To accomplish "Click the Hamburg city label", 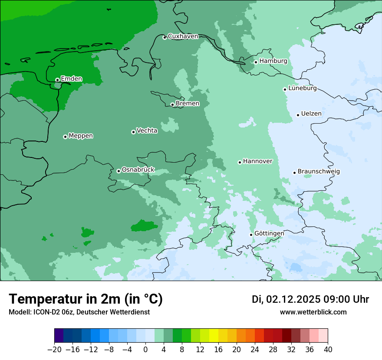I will point(273,61).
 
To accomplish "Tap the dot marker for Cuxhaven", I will point(165,37).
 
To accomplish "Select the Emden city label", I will point(71,79).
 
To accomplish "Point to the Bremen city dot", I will point(172,105).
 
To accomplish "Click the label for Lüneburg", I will point(302,88).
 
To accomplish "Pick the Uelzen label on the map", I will point(311,114).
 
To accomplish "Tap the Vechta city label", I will point(147,130).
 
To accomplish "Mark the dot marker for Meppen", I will point(65,137).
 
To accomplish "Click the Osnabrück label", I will point(138,170).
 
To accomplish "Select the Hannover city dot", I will point(240,162).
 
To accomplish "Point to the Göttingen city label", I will point(269,233).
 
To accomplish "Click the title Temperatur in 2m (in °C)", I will point(86,299).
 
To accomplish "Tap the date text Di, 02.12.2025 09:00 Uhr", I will point(310,299).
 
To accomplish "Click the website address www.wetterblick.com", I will point(313,312).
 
